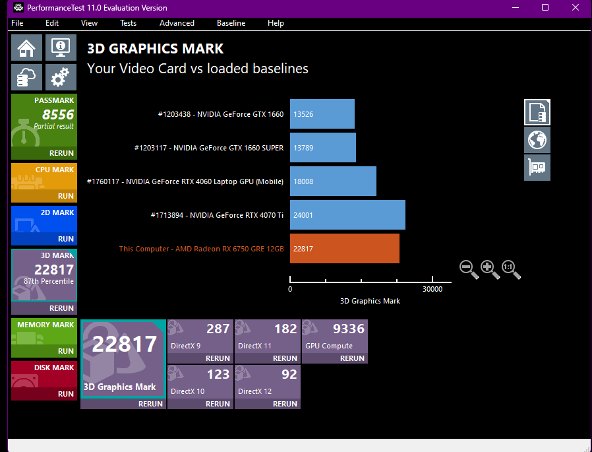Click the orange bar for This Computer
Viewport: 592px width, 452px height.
pyautogui.click(x=344, y=248)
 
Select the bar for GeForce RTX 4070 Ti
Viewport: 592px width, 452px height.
pyautogui.click(x=347, y=214)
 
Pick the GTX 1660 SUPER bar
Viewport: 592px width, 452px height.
pyautogui.click(x=323, y=147)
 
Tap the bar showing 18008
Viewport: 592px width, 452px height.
pyautogui.click(x=333, y=181)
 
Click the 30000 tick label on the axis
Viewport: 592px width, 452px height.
pyautogui.click(x=432, y=289)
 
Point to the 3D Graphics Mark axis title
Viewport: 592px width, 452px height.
pyautogui.click(x=370, y=301)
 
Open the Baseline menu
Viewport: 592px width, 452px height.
pyautogui.click(x=231, y=23)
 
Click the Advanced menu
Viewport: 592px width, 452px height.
pyautogui.click(x=177, y=23)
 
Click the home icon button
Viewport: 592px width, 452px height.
pyautogui.click(x=26, y=48)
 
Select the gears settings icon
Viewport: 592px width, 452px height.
pyautogui.click(x=61, y=77)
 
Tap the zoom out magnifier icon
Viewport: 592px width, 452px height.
pyautogui.click(x=469, y=269)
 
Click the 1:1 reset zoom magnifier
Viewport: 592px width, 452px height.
pyautogui.click(x=511, y=269)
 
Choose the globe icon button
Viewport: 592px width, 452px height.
pyautogui.click(x=537, y=140)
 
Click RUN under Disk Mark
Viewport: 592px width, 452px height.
pyautogui.click(x=66, y=394)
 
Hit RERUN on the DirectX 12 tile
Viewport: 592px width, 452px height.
pyautogui.click(x=285, y=404)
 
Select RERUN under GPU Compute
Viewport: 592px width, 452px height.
pyautogui.click(x=352, y=358)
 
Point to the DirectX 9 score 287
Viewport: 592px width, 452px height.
pyautogui.click(x=218, y=329)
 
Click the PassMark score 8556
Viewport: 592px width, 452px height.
pyautogui.click(x=58, y=114)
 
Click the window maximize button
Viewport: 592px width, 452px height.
pyautogui.click(x=545, y=7)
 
